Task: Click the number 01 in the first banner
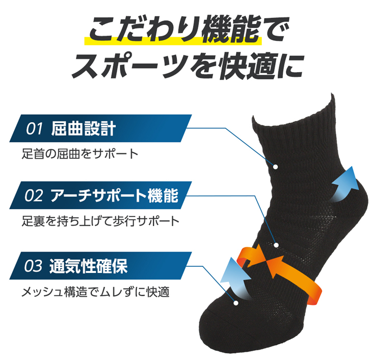point(34,129)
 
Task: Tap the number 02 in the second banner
point(34,196)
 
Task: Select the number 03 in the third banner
point(34,266)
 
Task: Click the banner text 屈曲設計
point(84,129)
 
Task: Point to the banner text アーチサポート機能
point(114,196)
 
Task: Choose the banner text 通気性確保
point(89,266)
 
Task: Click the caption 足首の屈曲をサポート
point(80,154)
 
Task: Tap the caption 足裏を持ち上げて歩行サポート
point(100,221)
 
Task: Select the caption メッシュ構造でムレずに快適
point(95,292)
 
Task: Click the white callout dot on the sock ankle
point(276,167)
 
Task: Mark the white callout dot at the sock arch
point(276,245)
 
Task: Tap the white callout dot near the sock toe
point(235,303)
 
